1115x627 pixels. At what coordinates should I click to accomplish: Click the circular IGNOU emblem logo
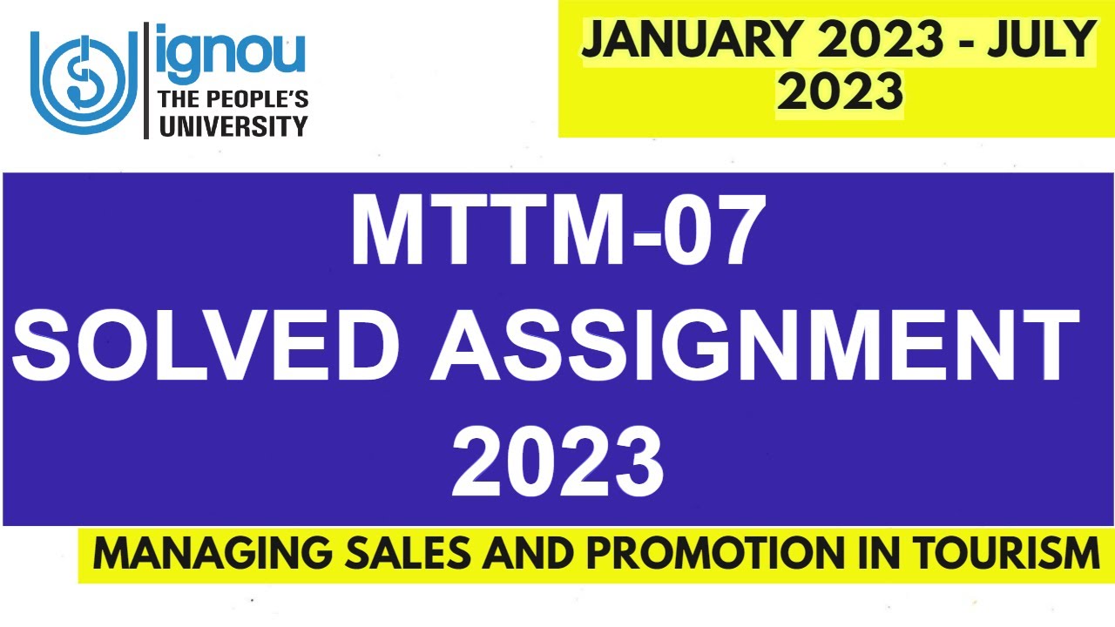pyautogui.click(x=84, y=82)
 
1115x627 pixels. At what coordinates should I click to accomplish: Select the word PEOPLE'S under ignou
pyautogui.click(x=259, y=99)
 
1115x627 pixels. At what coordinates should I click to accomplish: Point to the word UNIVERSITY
pyautogui.click(x=233, y=126)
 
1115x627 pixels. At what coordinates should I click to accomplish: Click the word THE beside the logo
pyautogui.click(x=178, y=99)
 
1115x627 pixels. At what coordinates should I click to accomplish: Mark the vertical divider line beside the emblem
pyautogui.click(x=145, y=81)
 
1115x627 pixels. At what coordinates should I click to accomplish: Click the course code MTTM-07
pyautogui.click(x=557, y=231)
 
